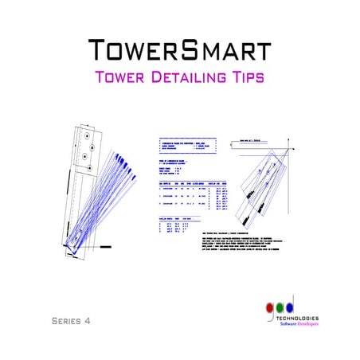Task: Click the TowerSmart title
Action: [x=180, y=49]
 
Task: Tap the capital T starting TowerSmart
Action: [x=98, y=49]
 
